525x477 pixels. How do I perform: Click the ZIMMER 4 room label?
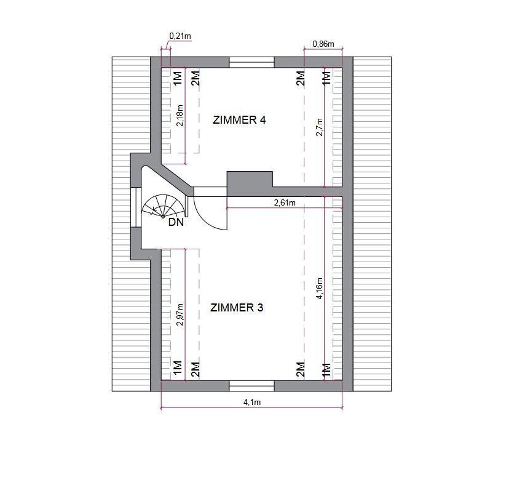point(239,120)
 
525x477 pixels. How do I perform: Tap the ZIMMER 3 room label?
point(237,308)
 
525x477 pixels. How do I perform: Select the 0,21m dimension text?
point(180,36)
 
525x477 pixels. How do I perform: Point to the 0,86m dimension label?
point(323,44)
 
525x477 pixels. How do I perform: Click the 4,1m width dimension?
point(252,403)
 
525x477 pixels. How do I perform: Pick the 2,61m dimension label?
point(285,202)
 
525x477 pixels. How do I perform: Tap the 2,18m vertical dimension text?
point(180,115)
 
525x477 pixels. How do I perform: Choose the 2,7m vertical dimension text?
point(320,127)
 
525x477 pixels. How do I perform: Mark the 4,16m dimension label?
point(320,288)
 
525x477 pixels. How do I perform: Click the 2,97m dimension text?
point(180,315)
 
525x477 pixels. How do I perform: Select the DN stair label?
point(176,222)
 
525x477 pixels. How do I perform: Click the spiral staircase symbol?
point(163,206)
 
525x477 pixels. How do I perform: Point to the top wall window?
point(252,62)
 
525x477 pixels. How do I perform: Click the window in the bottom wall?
point(252,386)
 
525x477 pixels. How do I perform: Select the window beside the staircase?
point(136,207)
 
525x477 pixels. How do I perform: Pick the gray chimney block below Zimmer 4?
point(250,183)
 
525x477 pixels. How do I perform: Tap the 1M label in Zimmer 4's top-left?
point(178,78)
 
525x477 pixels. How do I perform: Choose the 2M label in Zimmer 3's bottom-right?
point(301,369)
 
